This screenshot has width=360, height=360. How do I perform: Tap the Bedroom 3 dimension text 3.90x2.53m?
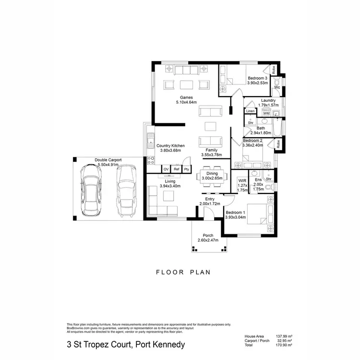point(257,83)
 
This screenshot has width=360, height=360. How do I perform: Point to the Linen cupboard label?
point(250,111)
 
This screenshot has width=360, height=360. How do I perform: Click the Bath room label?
point(261,128)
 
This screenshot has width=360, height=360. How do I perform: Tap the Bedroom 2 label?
point(253,140)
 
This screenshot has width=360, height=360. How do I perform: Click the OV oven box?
point(166,169)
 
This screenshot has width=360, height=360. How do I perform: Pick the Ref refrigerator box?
point(177,169)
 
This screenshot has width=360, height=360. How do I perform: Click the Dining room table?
point(212,176)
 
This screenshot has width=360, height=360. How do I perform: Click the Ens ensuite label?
point(258,180)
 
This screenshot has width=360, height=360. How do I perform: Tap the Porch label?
point(208,235)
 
